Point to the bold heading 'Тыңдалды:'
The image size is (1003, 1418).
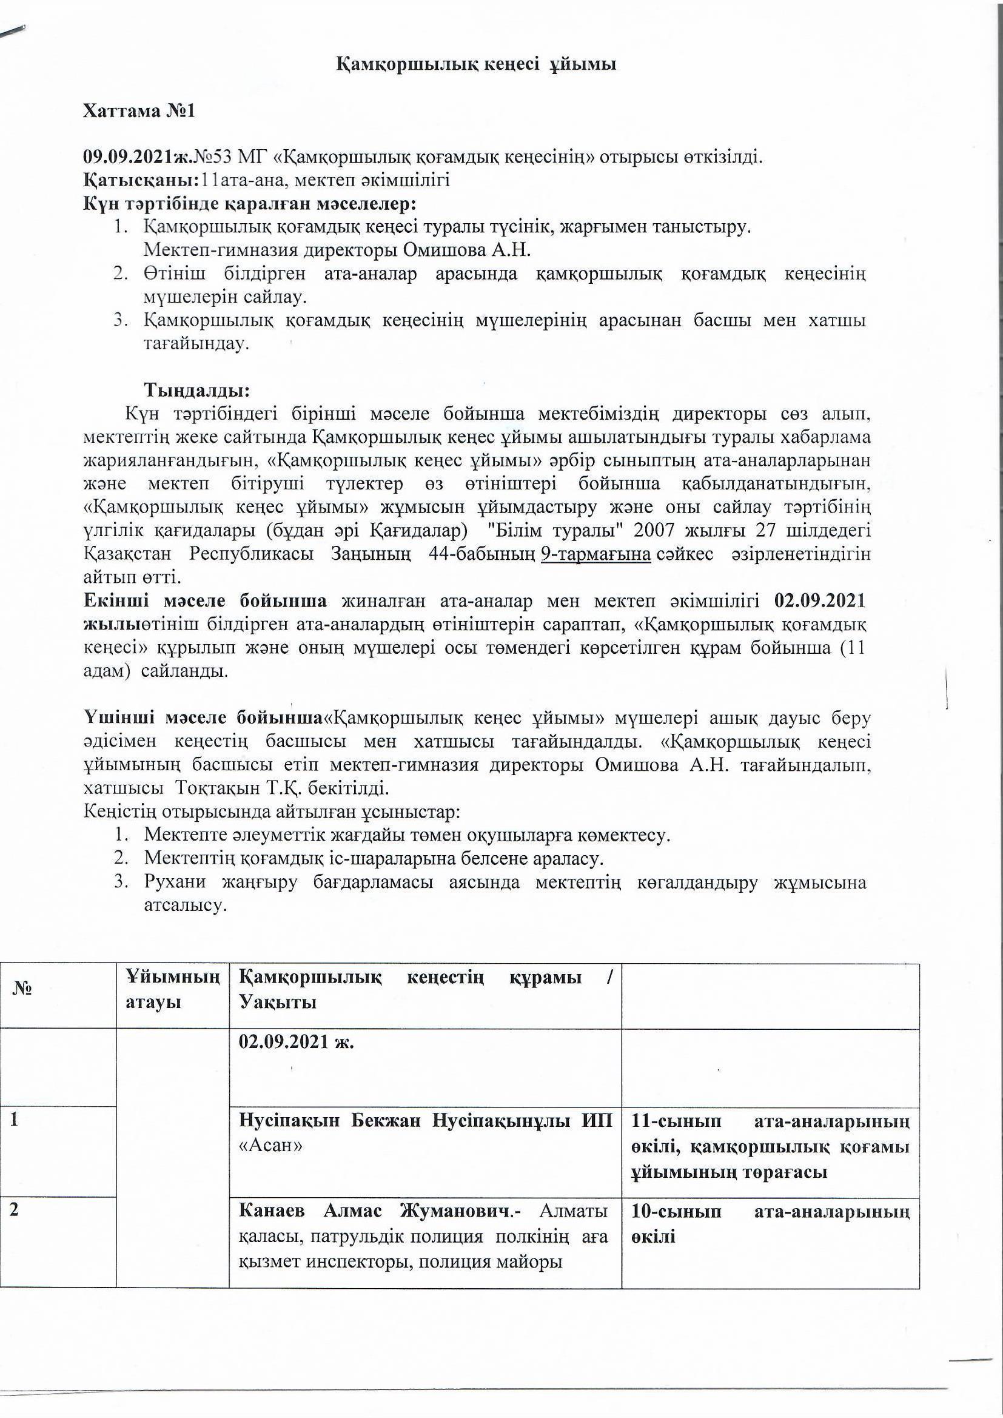point(197,390)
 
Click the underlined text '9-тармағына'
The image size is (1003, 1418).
point(595,554)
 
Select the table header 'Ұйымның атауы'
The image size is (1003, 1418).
point(172,989)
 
